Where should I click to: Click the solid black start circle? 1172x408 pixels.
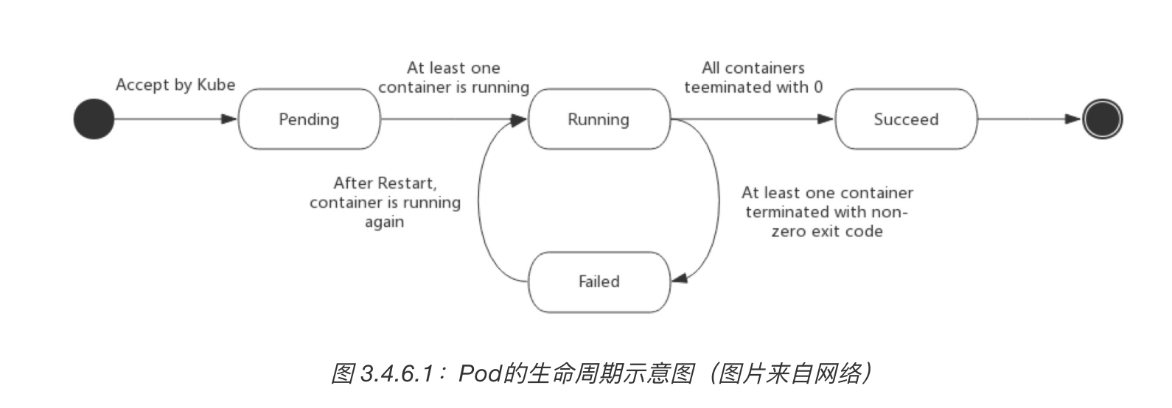click(x=94, y=119)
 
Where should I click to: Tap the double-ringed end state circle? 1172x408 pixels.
click(x=1102, y=119)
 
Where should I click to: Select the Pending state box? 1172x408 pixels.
click(x=309, y=119)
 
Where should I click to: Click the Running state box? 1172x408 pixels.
click(x=599, y=119)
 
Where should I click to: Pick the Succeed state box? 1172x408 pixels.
click(x=906, y=119)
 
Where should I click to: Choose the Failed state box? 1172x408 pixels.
click(x=599, y=281)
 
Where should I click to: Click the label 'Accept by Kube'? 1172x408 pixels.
click(x=175, y=85)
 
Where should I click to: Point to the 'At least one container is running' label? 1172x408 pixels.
click(x=453, y=77)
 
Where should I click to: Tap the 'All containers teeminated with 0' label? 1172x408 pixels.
click(x=753, y=77)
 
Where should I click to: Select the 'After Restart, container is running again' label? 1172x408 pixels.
click(x=385, y=202)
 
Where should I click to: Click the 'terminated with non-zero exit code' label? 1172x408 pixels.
click(x=827, y=212)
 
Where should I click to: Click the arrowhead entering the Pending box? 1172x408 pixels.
click(x=229, y=119)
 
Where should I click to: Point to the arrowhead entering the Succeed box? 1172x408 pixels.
click(x=826, y=119)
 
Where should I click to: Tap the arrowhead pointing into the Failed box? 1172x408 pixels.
click(x=680, y=278)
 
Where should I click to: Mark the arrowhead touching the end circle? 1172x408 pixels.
click(x=1073, y=119)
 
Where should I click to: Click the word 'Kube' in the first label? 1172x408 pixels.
click(x=216, y=85)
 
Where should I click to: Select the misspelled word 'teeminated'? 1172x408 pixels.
click(x=725, y=87)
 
